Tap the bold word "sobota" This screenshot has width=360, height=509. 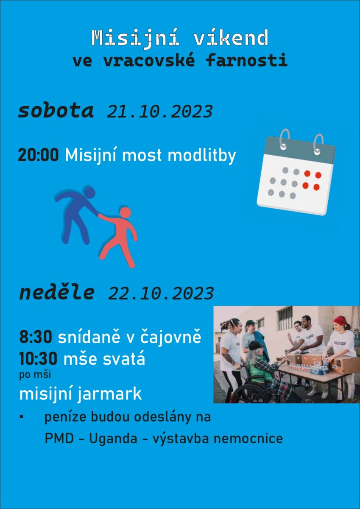(56, 111)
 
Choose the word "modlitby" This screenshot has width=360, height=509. (202, 156)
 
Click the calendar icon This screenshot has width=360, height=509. (296, 173)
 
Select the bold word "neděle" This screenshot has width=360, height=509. (57, 293)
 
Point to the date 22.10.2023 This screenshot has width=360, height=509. (161, 293)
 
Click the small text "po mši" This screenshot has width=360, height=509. (35, 375)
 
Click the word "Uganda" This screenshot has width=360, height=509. (113, 439)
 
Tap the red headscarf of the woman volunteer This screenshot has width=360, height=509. (340, 320)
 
